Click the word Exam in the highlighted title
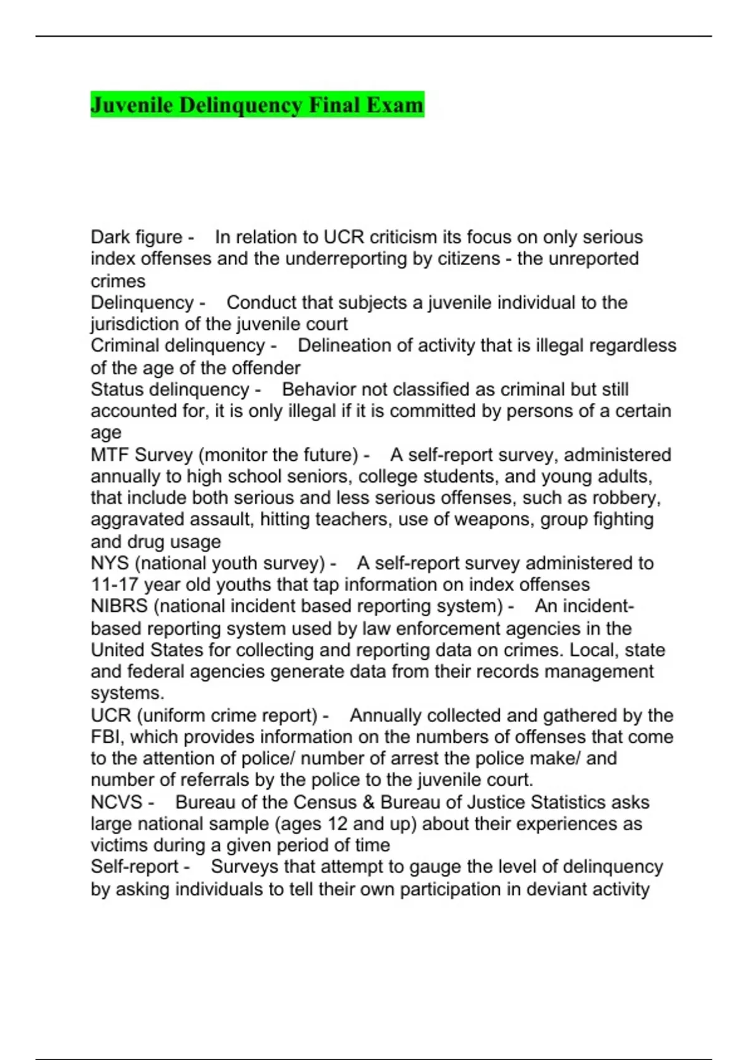point(395,105)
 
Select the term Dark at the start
point(110,237)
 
